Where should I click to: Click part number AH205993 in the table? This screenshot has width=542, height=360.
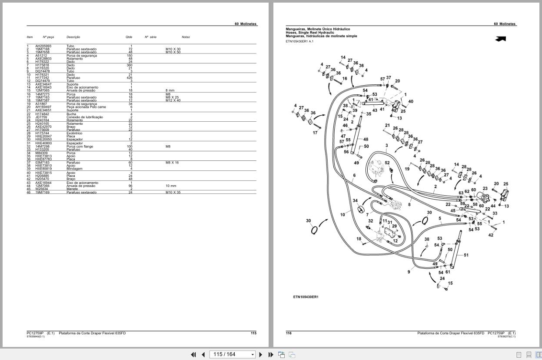point(43,46)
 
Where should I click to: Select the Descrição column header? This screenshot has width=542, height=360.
point(73,37)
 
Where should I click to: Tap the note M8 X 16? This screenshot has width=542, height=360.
point(172,163)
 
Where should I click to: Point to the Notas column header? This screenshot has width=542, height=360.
point(186,37)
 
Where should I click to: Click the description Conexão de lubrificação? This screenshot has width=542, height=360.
point(84,117)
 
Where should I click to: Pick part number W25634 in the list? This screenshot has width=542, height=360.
point(41,189)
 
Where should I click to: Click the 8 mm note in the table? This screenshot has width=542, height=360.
point(170,90)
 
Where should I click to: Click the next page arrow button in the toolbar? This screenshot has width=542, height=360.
point(261,354)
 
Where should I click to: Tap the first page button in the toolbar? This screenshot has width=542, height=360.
point(193,354)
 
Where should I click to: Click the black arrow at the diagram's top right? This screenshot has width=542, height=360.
point(500,39)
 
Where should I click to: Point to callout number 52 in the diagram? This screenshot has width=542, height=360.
point(387,163)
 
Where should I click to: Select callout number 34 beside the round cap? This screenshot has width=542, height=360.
point(355,201)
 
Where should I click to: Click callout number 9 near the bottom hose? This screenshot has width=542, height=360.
point(409,272)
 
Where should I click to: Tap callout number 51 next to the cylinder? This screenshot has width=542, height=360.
point(466,255)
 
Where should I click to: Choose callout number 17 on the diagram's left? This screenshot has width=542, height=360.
point(315,133)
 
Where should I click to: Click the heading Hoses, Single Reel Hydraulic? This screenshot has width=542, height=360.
point(310,33)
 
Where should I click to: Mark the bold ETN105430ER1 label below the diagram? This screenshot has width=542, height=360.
point(306,297)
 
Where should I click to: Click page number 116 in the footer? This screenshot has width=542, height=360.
point(289,333)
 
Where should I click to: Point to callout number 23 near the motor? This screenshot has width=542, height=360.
point(485,189)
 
